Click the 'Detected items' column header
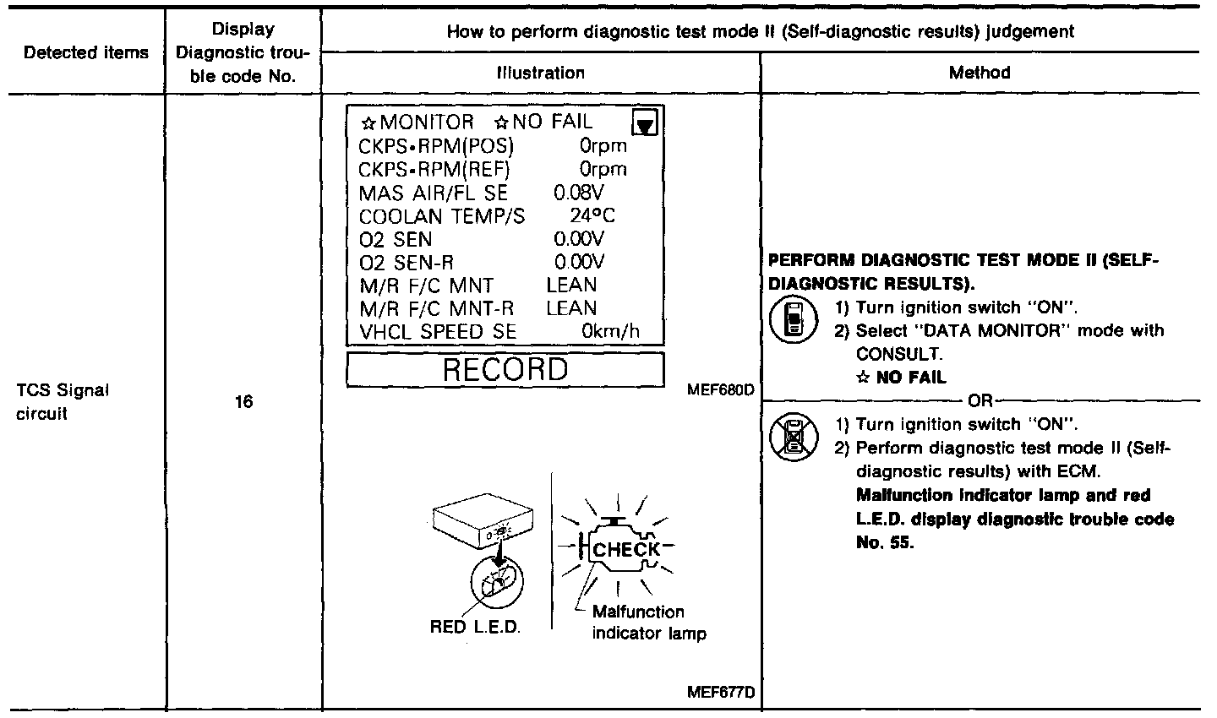point(86,53)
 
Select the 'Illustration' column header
point(541,73)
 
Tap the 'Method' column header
point(980,73)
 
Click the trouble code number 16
point(243,403)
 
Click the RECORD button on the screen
point(505,370)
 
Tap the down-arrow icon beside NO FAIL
point(647,123)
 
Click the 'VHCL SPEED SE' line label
point(438,332)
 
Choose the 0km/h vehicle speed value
point(610,332)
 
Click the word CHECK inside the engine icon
point(626,550)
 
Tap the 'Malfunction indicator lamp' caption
point(649,623)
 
